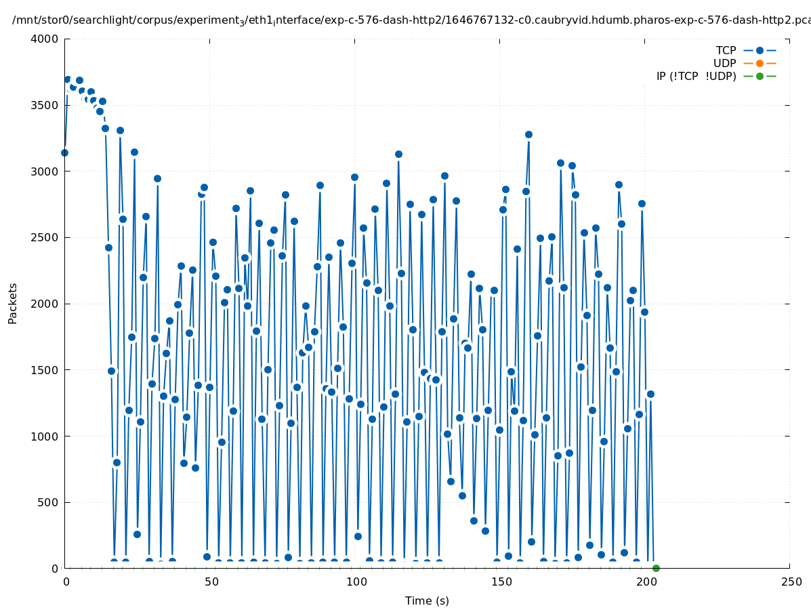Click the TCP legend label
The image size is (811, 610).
point(726,50)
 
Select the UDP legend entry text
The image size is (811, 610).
point(724,63)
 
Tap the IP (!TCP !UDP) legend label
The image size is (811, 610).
point(696,76)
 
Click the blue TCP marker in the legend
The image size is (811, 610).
point(760,50)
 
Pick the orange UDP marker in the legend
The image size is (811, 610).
point(760,63)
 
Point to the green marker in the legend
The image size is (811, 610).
point(760,76)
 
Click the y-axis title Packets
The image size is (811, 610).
point(13,303)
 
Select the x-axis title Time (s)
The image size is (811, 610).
point(427,601)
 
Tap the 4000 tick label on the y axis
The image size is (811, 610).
point(45,39)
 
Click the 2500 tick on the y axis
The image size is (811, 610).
point(45,237)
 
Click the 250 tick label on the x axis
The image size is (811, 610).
point(790,582)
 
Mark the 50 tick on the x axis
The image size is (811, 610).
point(210,582)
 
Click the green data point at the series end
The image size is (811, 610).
point(656,568)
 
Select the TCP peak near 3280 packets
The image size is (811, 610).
point(528,134)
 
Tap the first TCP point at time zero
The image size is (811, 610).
point(64,152)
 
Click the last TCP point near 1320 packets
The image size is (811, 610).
point(650,394)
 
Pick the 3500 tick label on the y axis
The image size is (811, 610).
point(45,105)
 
